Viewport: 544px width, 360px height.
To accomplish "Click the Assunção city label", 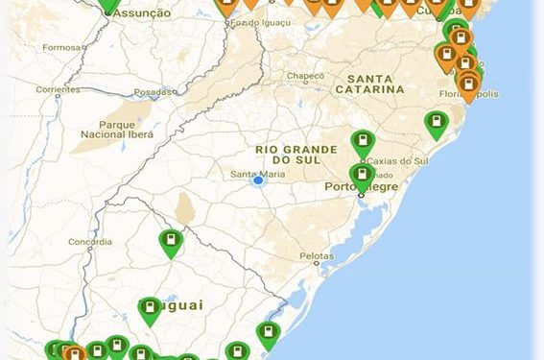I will pyautogui.click(x=141, y=13).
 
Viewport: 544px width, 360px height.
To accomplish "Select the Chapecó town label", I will pyautogui.click(x=304, y=75).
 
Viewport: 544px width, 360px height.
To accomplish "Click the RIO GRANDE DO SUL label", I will pyautogui.click(x=296, y=156).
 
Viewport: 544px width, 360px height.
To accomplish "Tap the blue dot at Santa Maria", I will pyautogui.click(x=258, y=180).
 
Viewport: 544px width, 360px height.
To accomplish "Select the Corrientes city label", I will pyautogui.click(x=57, y=89).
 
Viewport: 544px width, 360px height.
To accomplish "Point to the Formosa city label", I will pyautogui.click(x=61, y=46).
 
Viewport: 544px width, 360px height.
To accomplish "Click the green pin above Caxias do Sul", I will pyautogui.click(x=363, y=143).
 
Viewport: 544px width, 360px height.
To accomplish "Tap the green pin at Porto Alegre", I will pyautogui.click(x=362, y=176).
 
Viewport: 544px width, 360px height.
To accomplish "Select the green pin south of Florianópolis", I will pyautogui.click(x=437, y=124).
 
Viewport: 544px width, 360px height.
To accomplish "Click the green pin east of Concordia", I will pyautogui.click(x=171, y=242).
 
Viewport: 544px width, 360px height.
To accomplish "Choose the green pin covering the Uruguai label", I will pyautogui.click(x=150, y=309).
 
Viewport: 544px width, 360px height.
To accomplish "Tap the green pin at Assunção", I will pyautogui.click(x=109, y=4).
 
